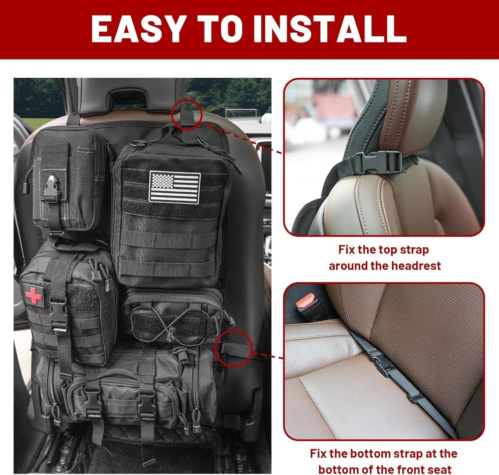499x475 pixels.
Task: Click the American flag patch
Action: point(174,188)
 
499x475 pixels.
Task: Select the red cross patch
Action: point(33,296)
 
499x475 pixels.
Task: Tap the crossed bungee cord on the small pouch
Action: point(172,326)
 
